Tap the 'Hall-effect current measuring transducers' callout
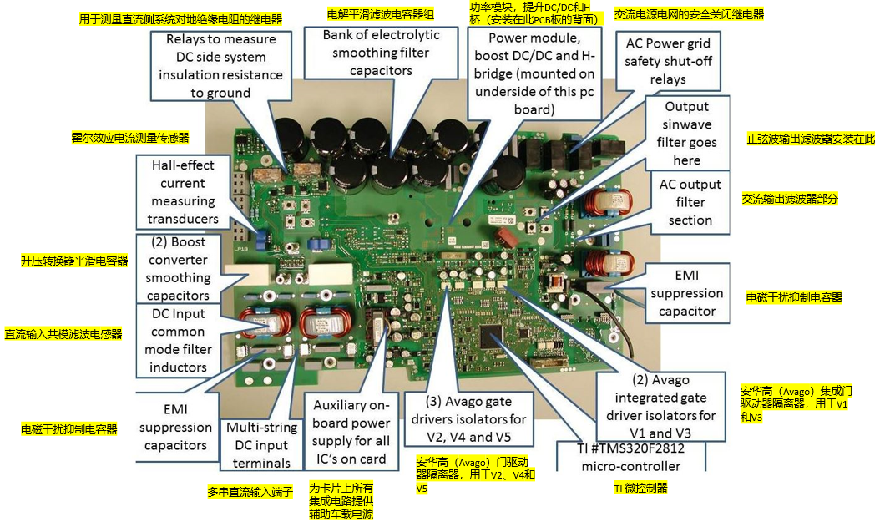tap(183, 193)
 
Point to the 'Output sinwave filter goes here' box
tap(687, 134)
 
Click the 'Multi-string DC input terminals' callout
tap(260, 445)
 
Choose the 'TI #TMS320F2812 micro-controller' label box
tap(642, 456)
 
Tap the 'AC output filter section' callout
tap(690, 203)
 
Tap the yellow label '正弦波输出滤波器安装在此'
tap(811, 139)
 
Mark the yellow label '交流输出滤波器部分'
tap(789, 199)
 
